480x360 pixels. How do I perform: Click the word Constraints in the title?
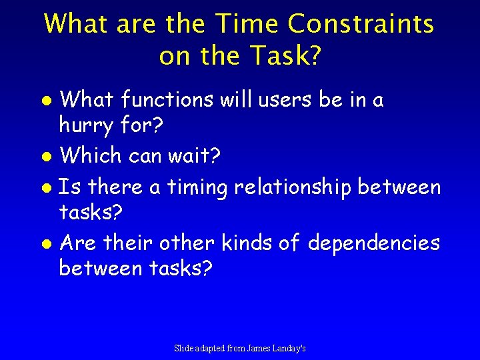click(361, 25)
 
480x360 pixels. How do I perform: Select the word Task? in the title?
click(284, 57)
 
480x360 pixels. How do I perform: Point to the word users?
click(281, 100)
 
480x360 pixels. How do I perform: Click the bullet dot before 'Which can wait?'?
click(47, 157)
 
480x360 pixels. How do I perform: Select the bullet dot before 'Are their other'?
click(47, 244)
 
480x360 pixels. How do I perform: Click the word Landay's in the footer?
click(291, 348)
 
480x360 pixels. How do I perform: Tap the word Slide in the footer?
click(183, 348)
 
